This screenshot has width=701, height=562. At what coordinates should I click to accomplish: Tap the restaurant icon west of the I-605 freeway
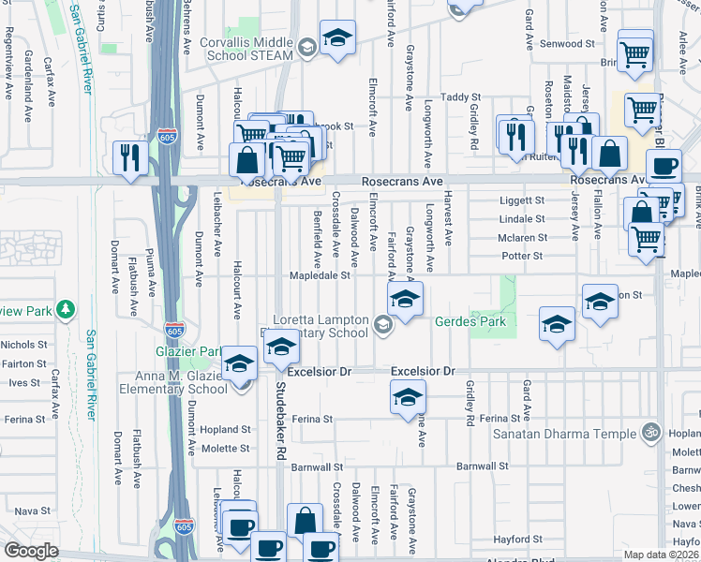[x=128, y=156]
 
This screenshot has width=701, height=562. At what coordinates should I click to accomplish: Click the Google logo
[x=31, y=551]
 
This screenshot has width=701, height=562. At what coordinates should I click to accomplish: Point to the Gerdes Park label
[x=470, y=321]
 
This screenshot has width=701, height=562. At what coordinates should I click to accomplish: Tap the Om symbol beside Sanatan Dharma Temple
[x=649, y=433]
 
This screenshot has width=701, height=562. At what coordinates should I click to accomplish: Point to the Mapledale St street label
[x=320, y=275]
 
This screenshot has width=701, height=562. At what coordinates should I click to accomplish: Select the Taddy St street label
[x=460, y=96]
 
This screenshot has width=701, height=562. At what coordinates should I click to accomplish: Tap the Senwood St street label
[x=572, y=43]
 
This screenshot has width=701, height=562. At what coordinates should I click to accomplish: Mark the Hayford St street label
[x=519, y=539]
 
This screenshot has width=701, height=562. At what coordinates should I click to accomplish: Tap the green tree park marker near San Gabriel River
[x=65, y=308]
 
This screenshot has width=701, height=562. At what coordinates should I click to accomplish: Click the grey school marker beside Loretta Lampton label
[x=381, y=325]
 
